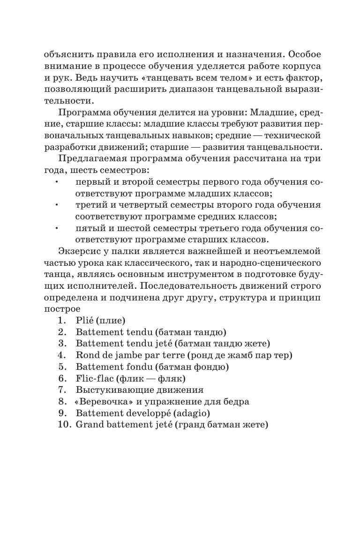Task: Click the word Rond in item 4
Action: [86, 355]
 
